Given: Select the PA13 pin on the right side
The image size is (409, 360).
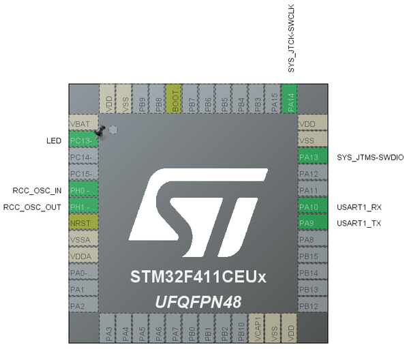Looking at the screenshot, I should point(313,157).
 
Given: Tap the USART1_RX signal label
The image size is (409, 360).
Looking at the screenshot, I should point(359,207).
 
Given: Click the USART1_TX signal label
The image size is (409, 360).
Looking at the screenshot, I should point(359,223).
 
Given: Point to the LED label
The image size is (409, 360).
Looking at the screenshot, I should point(54,141).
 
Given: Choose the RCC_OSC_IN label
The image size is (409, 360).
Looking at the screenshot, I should point(37,190).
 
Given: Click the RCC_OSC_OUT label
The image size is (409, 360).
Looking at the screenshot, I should point(33,207).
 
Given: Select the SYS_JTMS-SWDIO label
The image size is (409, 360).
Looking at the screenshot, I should point(370,157).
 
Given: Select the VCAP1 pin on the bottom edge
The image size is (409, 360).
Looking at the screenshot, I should point(257,329).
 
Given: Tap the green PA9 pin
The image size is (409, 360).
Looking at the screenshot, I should point(313,223).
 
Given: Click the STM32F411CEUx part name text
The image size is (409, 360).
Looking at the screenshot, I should point(198,278).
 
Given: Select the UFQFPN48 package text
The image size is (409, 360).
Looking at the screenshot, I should point(198,302).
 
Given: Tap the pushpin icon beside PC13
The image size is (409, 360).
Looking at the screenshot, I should point(100,130).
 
